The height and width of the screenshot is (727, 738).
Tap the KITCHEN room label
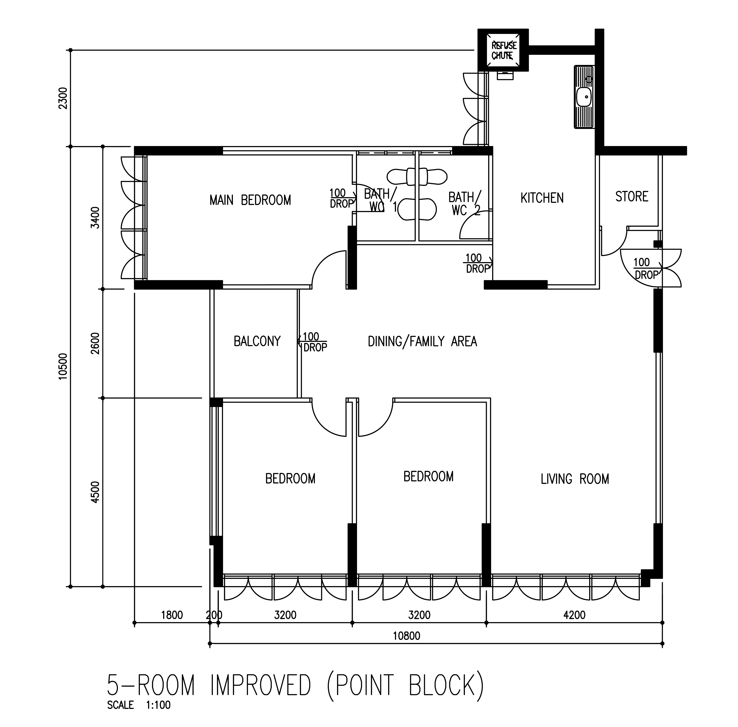[542, 198]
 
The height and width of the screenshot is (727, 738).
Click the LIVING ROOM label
[575, 479]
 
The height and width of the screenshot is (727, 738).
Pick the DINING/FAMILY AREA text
[422, 341]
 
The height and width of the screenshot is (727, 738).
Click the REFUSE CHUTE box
[503, 50]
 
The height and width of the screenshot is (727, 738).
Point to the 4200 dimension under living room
[574, 615]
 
